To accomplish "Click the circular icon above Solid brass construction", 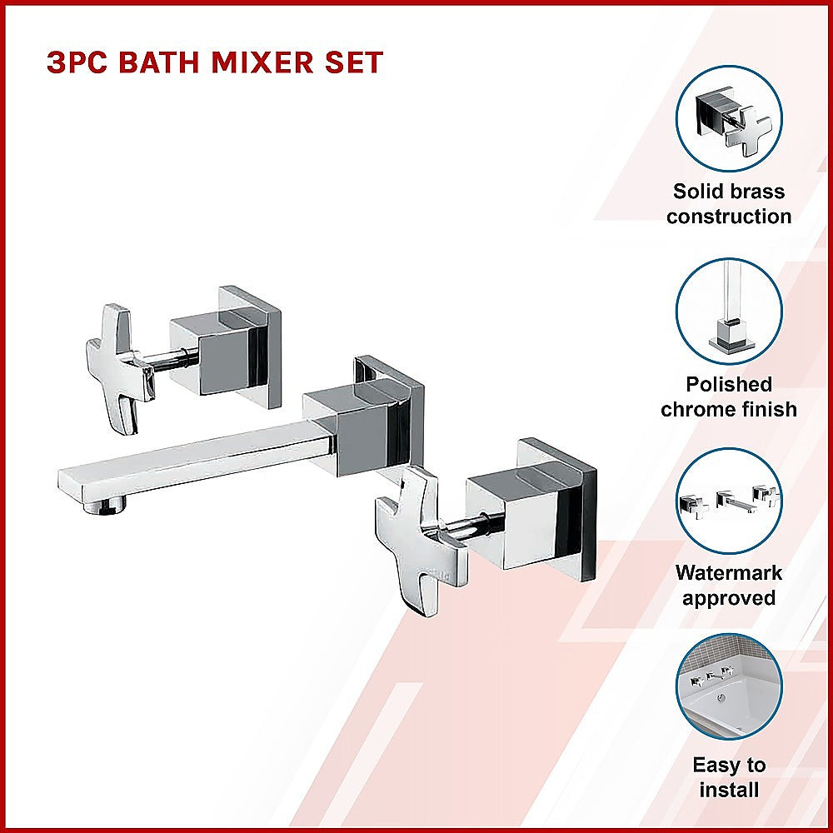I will click(x=729, y=118).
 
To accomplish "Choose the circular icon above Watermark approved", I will click(x=729, y=501).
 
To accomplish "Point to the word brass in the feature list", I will click(x=753, y=192).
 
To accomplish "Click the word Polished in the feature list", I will click(x=729, y=384).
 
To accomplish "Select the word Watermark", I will click(x=729, y=573).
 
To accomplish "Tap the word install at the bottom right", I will click(x=729, y=789).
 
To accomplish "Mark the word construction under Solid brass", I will click(x=729, y=217).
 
